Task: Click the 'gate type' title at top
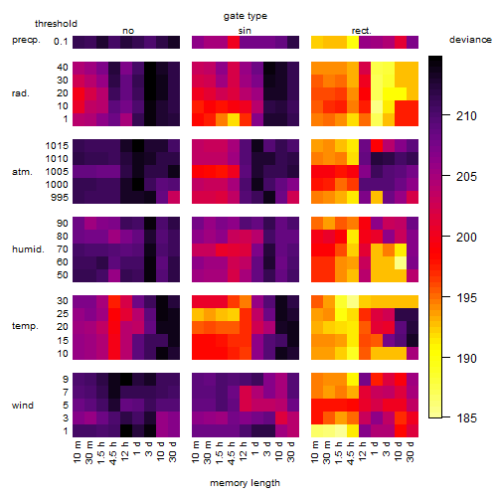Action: [x=246, y=16]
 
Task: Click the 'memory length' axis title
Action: [x=245, y=483]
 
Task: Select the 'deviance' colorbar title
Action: [x=470, y=40]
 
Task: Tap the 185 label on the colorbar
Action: [x=466, y=418]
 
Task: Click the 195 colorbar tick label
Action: [x=466, y=297]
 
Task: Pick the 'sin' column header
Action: [x=245, y=31]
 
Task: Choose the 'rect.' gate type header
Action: [x=361, y=31]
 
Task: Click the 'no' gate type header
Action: [x=128, y=31]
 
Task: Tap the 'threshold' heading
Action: [x=56, y=24]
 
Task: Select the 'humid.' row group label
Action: [x=28, y=248]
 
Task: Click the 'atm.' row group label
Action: [x=22, y=172]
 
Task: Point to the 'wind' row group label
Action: [x=23, y=405]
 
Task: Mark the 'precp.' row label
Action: [x=26, y=40]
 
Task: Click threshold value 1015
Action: [x=57, y=145]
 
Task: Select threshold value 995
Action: [x=60, y=198]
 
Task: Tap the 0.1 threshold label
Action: [x=61, y=42]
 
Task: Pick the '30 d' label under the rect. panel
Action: [x=410, y=452]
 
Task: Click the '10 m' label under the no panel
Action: [x=78, y=452]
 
